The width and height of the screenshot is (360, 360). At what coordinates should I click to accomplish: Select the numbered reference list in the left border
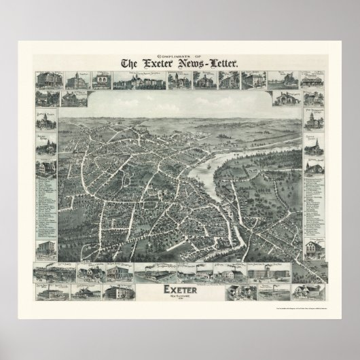(46, 204)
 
